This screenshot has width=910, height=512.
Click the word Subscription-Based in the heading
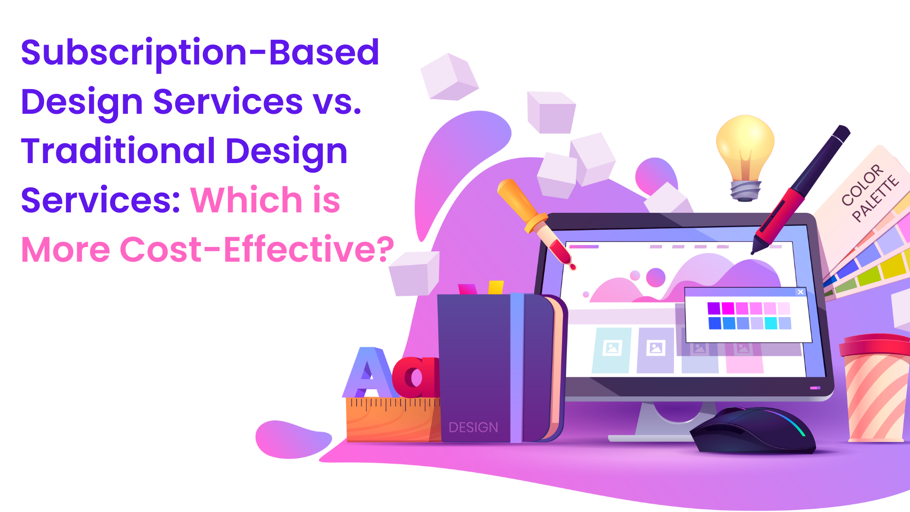[200, 53]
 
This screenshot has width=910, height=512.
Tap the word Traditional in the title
[118, 151]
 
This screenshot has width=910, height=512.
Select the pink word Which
[246, 200]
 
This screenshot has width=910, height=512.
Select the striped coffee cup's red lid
[875, 345]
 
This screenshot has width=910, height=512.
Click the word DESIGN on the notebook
[473, 428]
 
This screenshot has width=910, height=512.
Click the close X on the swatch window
[801, 292]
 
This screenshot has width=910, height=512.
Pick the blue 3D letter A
[367, 373]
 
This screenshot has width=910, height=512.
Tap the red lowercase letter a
[416, 377]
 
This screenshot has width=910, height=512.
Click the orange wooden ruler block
[393, 420]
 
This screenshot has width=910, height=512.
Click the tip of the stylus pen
[752, 254]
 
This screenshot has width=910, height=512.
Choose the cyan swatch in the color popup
[771, 323]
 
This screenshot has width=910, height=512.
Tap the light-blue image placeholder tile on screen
[612, 350]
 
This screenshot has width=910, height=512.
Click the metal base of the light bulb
[745, 192]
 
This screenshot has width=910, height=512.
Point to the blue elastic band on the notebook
[517, 367]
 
